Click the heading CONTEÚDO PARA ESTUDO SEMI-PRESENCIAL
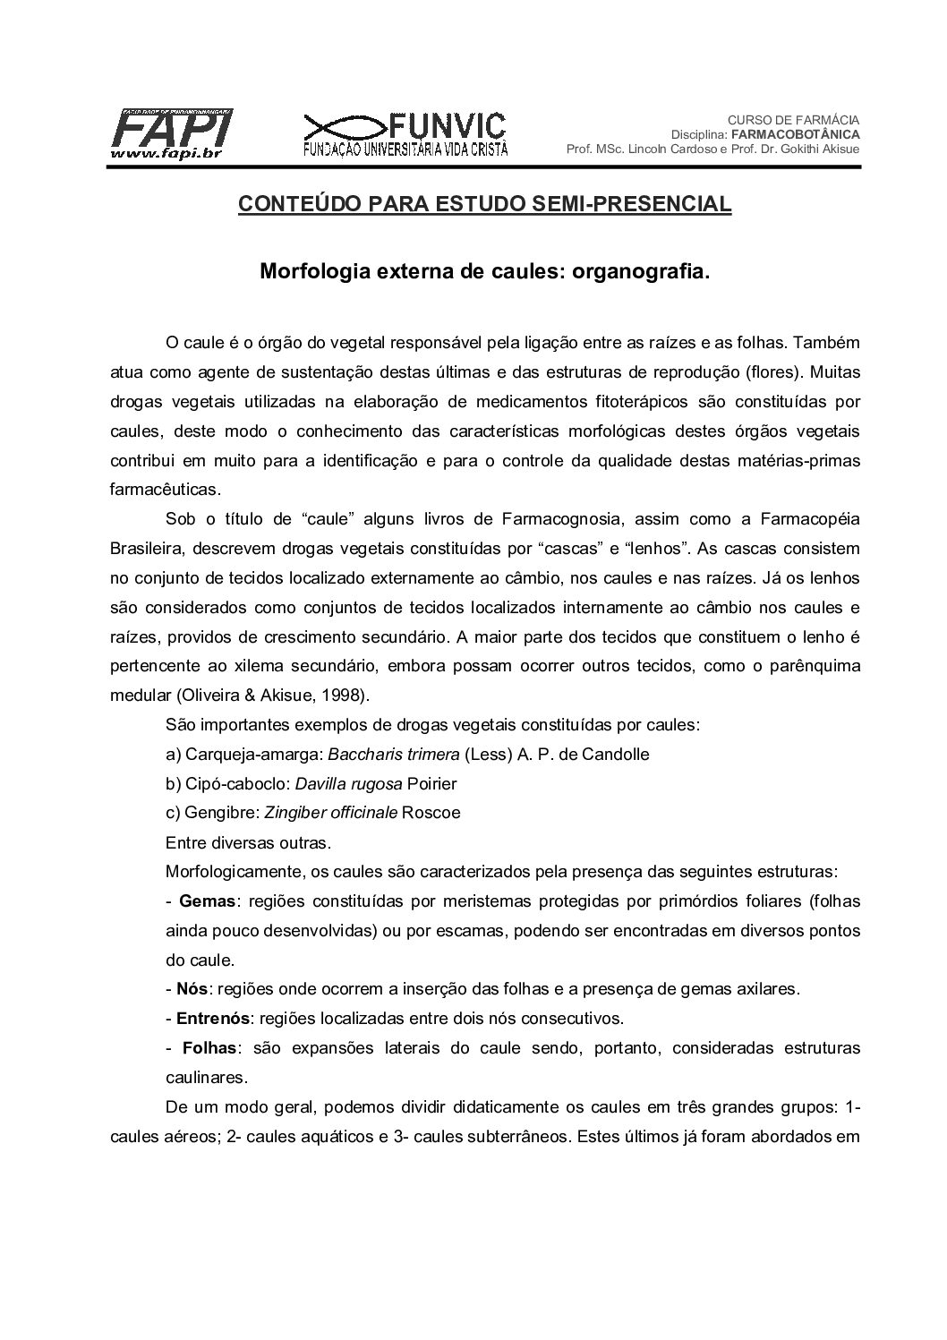click(484, 205)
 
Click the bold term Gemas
click(207, 901)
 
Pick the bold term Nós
click(192, 989)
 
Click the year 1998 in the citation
click(310, 695)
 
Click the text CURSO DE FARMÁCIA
click(793, 119)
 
